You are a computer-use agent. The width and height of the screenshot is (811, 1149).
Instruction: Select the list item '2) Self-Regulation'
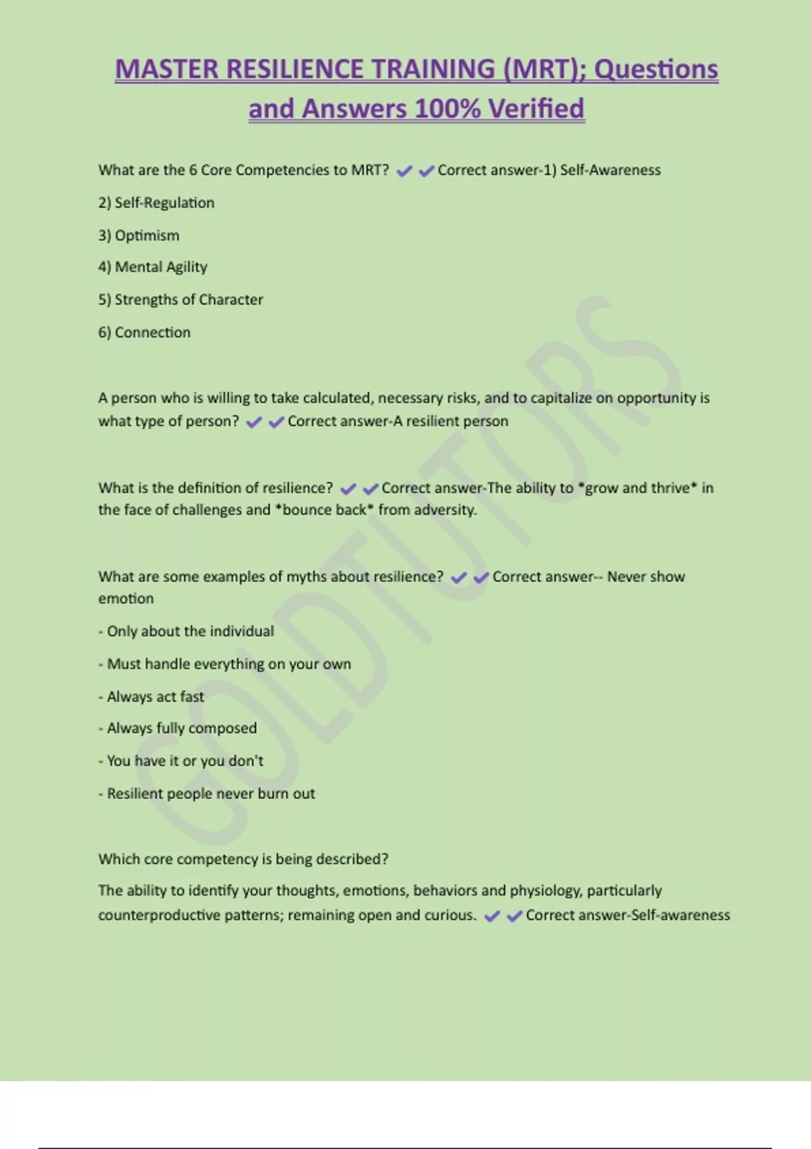[x=156, y=203]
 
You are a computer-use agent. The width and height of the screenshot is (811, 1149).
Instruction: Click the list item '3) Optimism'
[x=139, y=235]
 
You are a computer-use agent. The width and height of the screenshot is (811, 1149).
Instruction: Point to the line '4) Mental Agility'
[x=153, y=267]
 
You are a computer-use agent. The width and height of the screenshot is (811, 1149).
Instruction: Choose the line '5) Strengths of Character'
[x=180, y=299]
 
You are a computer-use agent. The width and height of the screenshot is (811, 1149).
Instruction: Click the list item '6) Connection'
[x=144, y=333]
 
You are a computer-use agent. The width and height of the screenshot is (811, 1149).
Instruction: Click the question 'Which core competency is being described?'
[x=243, y=859]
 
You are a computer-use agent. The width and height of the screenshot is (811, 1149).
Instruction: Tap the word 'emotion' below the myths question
[x=126, y=598]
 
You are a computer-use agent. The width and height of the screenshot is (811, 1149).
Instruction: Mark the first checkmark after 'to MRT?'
[x=404, y=172]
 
